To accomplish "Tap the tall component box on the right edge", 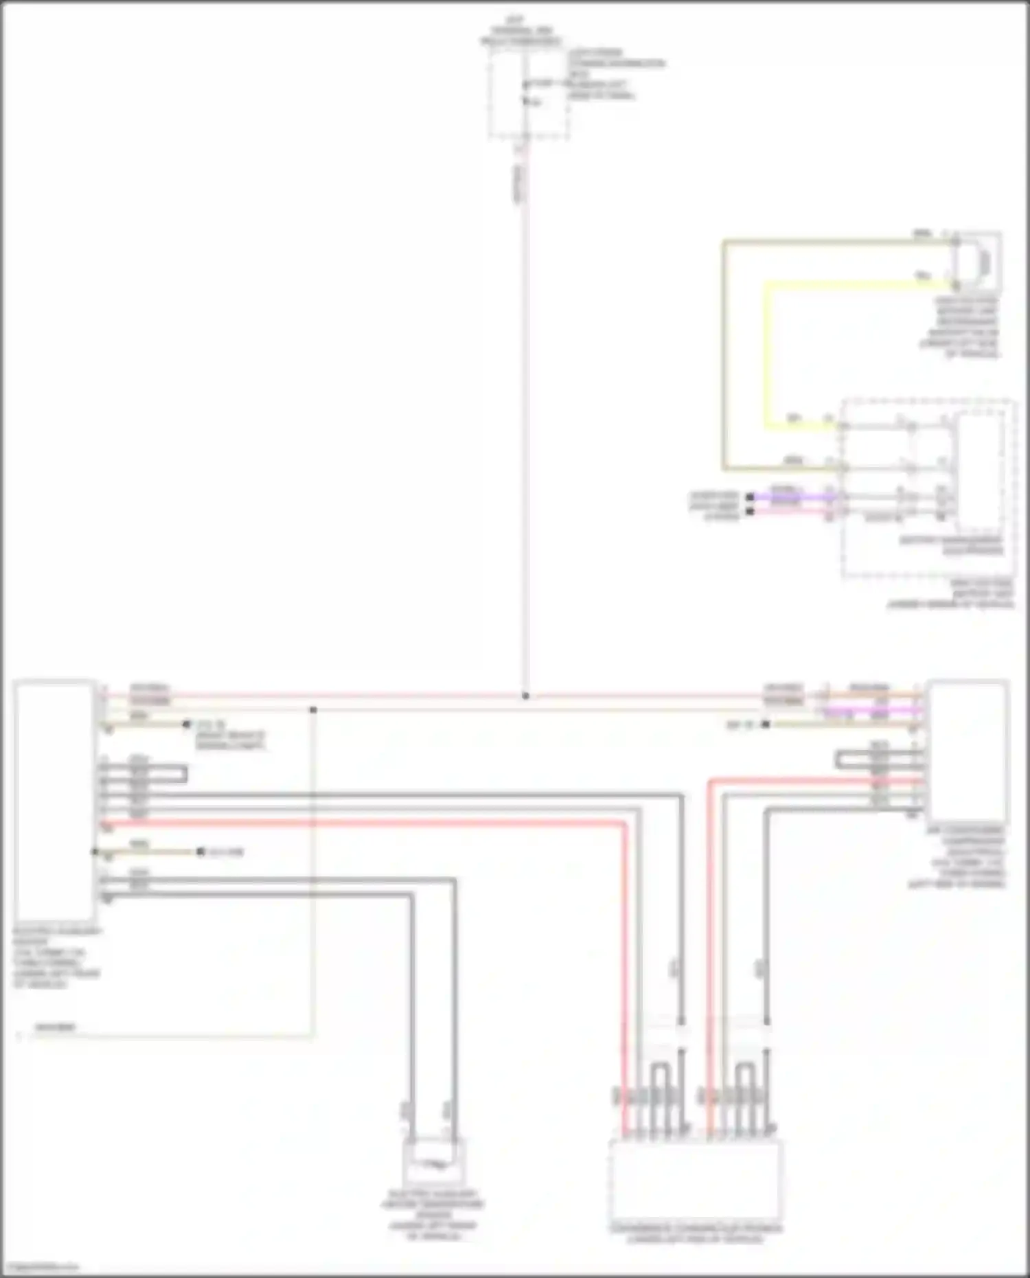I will point(967,751).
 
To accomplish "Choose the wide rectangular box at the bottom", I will point(696,1178).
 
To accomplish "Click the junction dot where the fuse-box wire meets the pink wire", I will point(525,696).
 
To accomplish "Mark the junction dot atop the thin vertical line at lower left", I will point(313,709).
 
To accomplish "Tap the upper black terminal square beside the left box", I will point(186,724).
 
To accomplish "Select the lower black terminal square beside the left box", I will point(201,852).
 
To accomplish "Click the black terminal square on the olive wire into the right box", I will point(766,724).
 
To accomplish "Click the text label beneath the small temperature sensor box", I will point(433,1215).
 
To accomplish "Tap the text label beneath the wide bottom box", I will point(696,1233).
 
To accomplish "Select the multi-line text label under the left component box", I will point(56,957).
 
